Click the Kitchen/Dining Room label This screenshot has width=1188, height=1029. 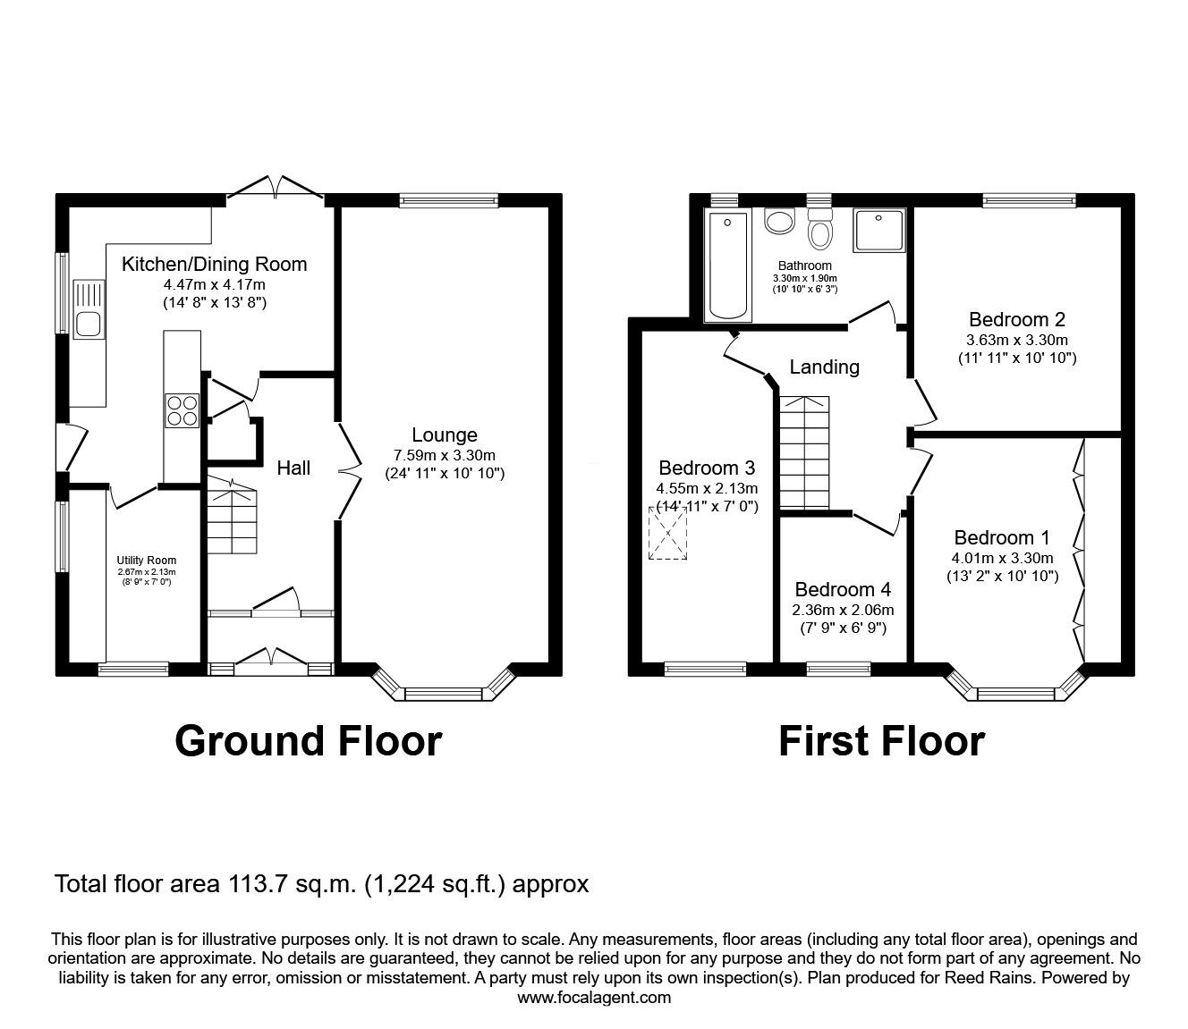click(x=214, y=264)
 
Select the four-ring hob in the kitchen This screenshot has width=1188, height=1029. click(x=182, y=410)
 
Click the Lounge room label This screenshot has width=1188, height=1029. click(x=444, y=435)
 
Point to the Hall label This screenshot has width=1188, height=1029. click(x=293, y=468)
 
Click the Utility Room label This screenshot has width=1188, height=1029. click(x=146, y=561)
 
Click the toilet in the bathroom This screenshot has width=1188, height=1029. click(x=819, y=231)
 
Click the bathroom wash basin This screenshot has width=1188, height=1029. click(x=780, y=222)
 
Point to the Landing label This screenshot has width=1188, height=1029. click(x=824, y=367)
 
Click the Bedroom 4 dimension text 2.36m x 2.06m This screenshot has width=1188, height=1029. click(x=842, y=610)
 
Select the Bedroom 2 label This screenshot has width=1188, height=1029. click(x=1016, y=319)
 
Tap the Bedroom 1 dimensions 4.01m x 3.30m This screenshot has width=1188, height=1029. click(x=1002, y=558)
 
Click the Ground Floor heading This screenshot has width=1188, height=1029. click(x=308, y=741)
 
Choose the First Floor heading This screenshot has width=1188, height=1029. click(x=881, y=741)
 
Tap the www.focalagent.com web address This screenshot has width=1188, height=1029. click(x=594, y=998)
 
